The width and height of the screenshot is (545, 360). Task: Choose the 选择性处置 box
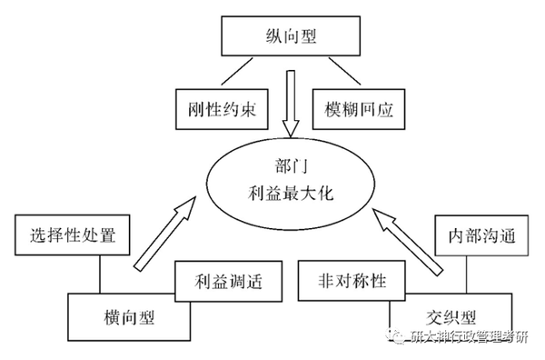74,237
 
